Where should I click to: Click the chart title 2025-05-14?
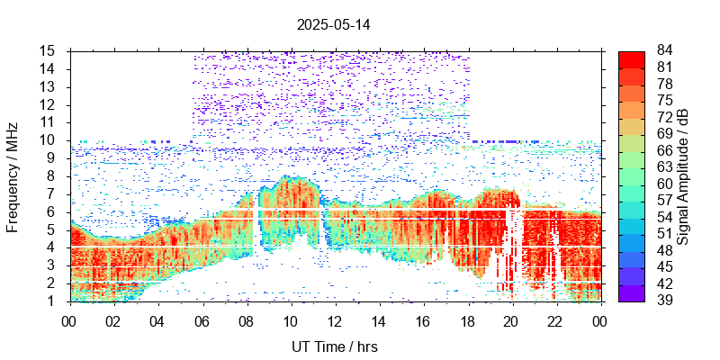click(334, 24)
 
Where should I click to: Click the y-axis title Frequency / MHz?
click(13, 175)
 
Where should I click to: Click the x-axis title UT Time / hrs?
click(334, 346)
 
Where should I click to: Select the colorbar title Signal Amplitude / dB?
click(684, 175)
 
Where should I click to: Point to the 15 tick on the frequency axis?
click(49, 51)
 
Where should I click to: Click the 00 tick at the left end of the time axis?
click(68, 319)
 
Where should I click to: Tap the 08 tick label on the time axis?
click(246, 319)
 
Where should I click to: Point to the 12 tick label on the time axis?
click(334, 319)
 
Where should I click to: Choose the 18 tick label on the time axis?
click(467, 319)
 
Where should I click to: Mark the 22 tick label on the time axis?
click(555, 319)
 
